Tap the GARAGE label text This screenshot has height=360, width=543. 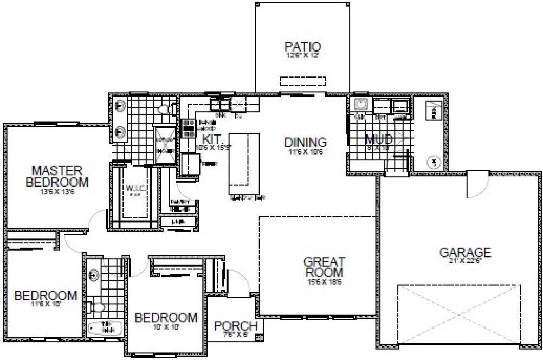(x=465, y=252)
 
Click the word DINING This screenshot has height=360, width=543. (x=306, y=143)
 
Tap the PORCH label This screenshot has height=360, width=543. (x=236, y=326)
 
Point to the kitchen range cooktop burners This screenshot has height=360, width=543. (x=189, y=127)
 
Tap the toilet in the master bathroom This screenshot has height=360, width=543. (x=164, y=109)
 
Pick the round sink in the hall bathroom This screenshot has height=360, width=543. (x=93, y=275)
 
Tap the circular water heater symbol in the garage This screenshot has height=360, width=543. (x=434, y=161)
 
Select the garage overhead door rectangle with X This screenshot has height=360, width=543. (x=458, y=313)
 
